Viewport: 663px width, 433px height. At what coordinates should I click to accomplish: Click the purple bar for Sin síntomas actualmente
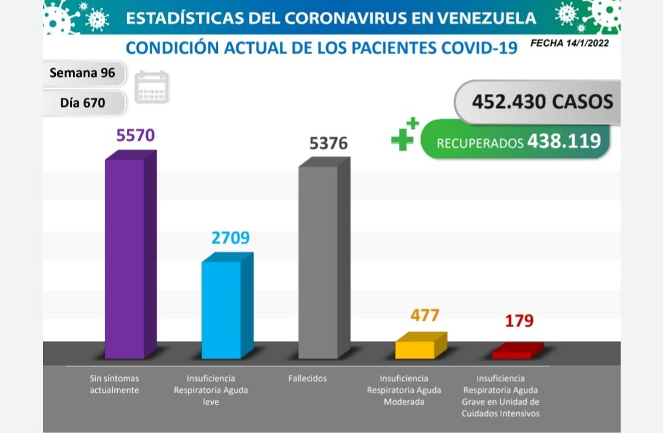125,258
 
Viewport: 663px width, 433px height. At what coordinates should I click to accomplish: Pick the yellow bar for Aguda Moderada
416,349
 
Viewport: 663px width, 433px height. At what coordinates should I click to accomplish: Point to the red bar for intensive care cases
512,354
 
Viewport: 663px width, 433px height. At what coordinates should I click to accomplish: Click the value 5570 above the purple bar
136,135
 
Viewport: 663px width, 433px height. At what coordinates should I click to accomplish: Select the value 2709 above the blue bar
230,238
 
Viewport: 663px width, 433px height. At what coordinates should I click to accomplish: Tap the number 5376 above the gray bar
328,143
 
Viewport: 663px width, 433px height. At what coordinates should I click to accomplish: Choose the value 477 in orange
425,315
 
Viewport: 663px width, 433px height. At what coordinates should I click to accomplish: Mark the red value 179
519,321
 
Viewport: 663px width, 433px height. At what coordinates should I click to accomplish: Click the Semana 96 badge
82,73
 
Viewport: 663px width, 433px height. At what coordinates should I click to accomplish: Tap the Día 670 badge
82,103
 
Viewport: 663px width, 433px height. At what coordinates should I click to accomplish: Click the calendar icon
152,87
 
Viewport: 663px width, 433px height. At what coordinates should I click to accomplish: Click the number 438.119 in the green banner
564,141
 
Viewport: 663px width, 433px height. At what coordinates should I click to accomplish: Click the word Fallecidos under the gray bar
308,378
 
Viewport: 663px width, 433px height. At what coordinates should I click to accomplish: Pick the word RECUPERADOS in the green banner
479,143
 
